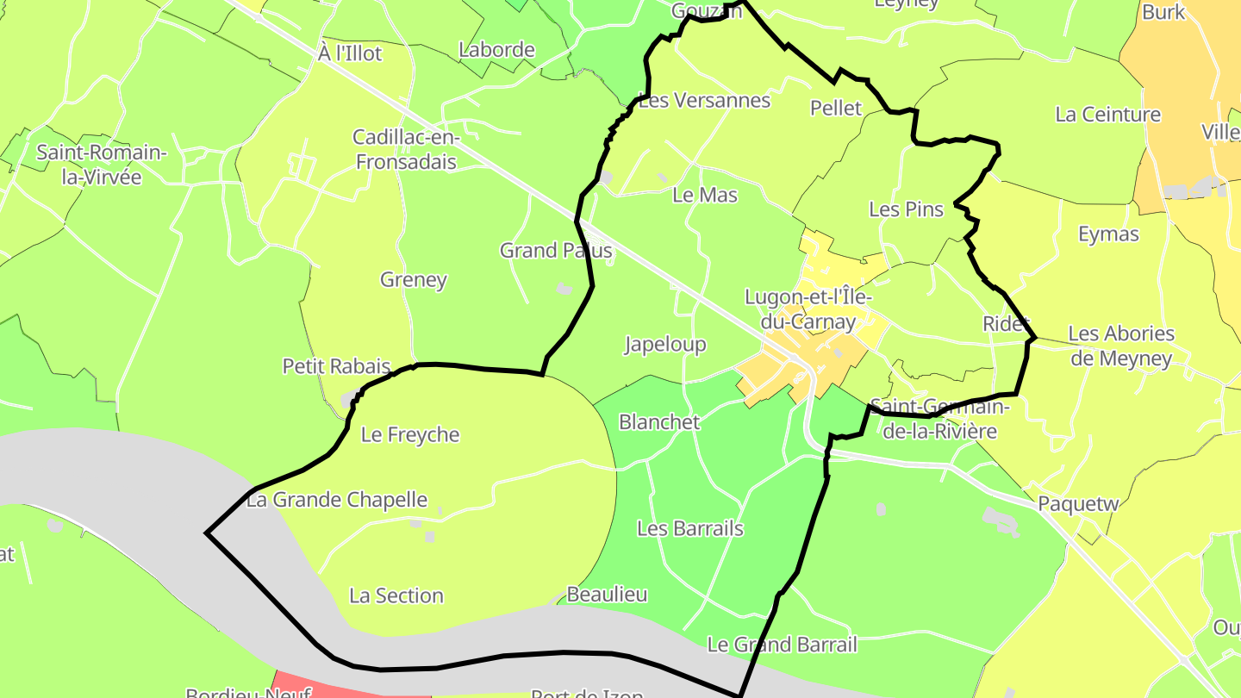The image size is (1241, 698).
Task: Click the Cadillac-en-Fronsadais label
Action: click(x=405, y=149)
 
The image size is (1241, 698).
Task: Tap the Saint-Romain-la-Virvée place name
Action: click(x=101, y=165)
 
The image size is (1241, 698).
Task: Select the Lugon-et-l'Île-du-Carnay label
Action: click(x=808, y=310)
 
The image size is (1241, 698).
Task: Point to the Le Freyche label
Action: click(x=410, y=434)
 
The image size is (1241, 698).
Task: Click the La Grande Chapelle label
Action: click(x=337, y=500)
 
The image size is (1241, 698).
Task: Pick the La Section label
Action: click(x=396, y=595)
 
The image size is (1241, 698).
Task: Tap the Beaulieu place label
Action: click(x=607, y=595)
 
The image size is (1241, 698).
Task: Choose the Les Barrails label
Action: click(x=689, y=528)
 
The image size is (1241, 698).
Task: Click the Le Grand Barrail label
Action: click(x=782, y=645)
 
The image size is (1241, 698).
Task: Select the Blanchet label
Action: click(x=659, y=422)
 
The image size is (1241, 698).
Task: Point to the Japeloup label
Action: click(x=665, y=345)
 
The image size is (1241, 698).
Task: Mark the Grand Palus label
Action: click(x=556, y=251)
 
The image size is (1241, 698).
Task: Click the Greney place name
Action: click(x=414, y=279)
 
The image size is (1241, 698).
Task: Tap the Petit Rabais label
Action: click(x=336, y=366)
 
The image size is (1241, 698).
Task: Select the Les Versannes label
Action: click(x=705, y=101)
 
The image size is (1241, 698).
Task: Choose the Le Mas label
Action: click(x=705, y=195)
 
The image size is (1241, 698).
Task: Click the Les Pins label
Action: click(x=906, y=209)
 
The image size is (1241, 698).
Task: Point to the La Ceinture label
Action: click(x=1107, y=115)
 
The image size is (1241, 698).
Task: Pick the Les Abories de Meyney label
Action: click(x=1121, y=346)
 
